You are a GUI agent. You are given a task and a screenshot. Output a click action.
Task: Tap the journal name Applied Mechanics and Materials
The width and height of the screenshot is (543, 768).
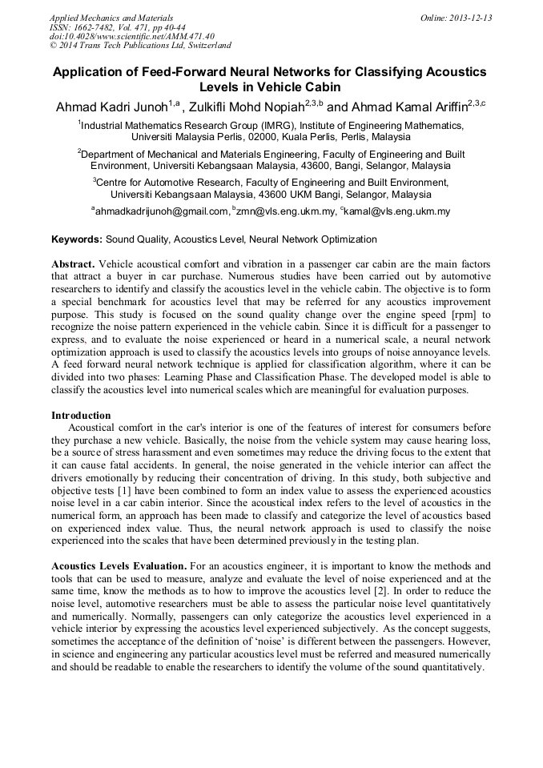[x=111, y=18]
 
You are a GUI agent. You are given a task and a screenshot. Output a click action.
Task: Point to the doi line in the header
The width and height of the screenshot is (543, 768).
[x=132, y=36]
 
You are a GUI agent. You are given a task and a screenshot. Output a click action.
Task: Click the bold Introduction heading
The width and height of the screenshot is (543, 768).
[x=81, y=416]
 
